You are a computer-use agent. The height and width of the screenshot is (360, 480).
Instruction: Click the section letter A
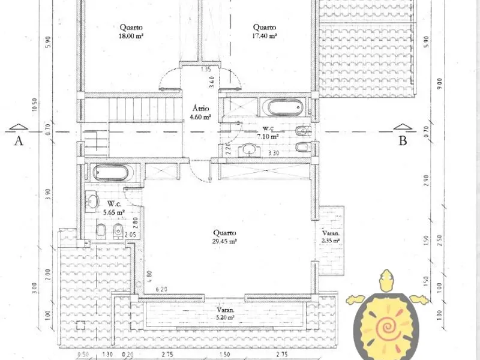pos(19,141)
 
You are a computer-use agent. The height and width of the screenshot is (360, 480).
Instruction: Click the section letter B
pos(403,141)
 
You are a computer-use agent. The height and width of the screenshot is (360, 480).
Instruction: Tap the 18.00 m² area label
pos(131,35)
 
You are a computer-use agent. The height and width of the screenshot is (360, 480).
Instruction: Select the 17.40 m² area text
pos(264,35)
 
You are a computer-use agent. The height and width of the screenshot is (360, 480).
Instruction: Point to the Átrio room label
pos(200,109)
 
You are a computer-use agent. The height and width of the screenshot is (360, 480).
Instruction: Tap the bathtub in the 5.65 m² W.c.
pos(110,173)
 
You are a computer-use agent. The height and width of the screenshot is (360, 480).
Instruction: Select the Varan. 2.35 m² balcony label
pos(331,240)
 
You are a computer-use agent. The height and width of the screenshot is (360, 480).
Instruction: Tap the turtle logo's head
pos(388,277)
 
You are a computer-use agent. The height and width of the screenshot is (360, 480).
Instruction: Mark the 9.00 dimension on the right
pos(440,83)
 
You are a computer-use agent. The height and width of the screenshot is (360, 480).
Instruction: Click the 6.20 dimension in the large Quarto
pos(161,290)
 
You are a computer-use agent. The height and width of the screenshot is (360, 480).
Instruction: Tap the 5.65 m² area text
pos(113,211)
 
